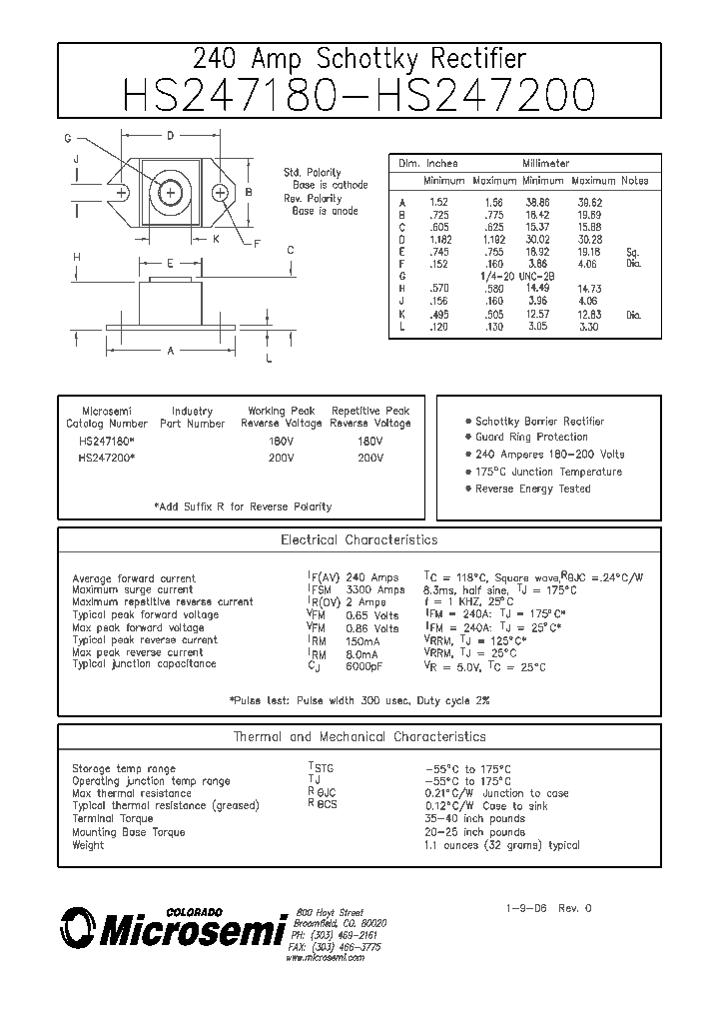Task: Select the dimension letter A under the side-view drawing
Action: (x=171, y=351)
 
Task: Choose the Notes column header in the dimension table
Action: (x=635, y=181)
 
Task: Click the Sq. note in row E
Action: (x=632, y=252)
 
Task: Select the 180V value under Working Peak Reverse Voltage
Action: (x=281, y=441)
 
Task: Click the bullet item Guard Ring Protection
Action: (x=531, y=438)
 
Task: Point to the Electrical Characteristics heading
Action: (x=359, y=540)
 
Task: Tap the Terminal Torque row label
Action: (x=113, y=819)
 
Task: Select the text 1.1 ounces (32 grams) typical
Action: (x=501, y=845)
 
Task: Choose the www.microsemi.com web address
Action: (x=325, y=957)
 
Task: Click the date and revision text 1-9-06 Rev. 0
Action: (x=549, y=909)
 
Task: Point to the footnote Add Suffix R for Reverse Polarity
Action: (x=243, y=506)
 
